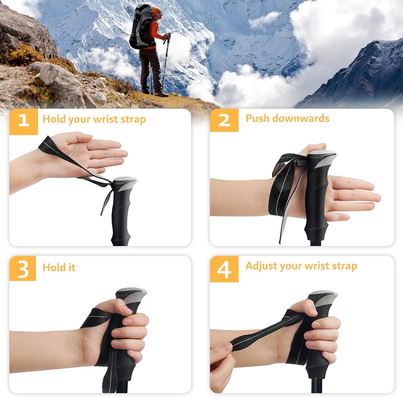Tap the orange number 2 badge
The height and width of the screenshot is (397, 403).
pyautogui.click(x=224, y=120)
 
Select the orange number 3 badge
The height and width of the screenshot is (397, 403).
pyautogui.click(x=23, y=268)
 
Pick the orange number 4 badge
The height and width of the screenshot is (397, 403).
pyautogui.click(x=224, y=269)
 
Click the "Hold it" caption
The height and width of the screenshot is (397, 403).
pyautogui.click(x=59, y=268)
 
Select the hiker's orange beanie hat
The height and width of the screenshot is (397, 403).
pyautogui.click(x=156, y=10)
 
